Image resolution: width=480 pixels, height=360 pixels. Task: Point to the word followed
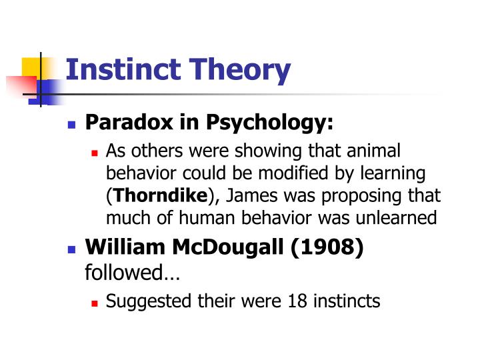[x=124, y=272]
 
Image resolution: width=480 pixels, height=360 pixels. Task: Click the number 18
[x=297, y=301]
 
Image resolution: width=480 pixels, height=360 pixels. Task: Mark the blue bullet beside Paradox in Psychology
[x=72, y=124]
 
